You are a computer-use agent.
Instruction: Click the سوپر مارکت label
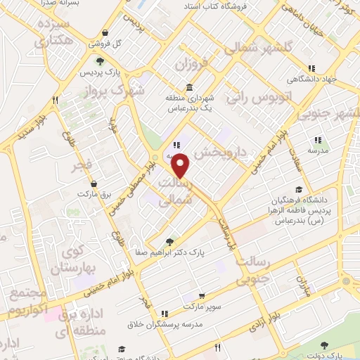[203, 308]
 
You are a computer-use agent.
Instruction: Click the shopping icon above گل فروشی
[105, 32]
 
